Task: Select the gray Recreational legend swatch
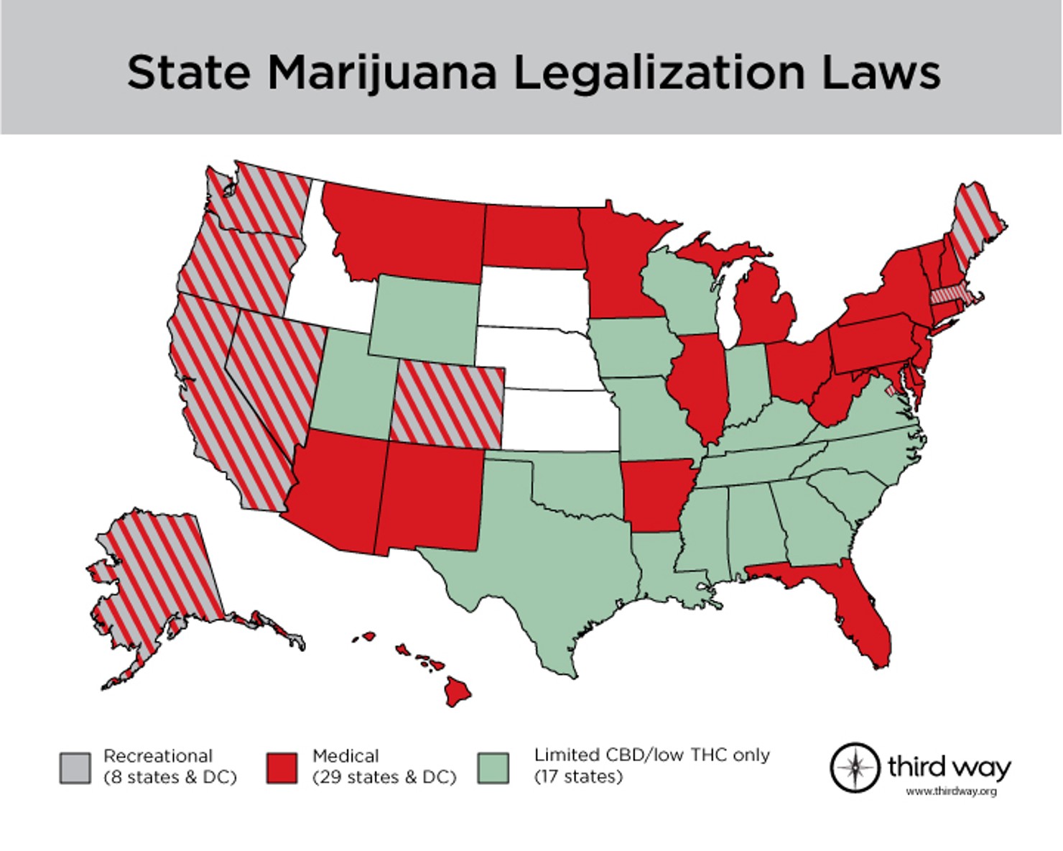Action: (75, 768)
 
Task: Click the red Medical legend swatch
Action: (281, 768)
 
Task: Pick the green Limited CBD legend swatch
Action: (493, 768)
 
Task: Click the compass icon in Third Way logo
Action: (855, 767)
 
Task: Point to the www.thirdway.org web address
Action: (951, 791)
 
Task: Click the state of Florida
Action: (862, 611)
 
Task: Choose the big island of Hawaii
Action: (458, 690)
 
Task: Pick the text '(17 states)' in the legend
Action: (578, 777)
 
